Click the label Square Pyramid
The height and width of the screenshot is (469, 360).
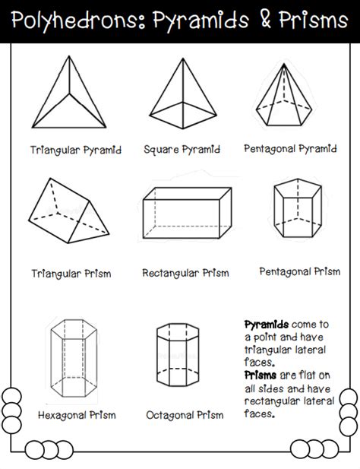[182, 150]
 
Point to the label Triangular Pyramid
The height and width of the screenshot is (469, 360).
[76, 150]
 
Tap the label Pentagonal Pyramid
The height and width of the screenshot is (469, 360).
[290, 148]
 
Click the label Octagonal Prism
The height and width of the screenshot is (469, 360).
[185, 415]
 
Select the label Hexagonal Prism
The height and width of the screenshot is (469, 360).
[77, 415]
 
